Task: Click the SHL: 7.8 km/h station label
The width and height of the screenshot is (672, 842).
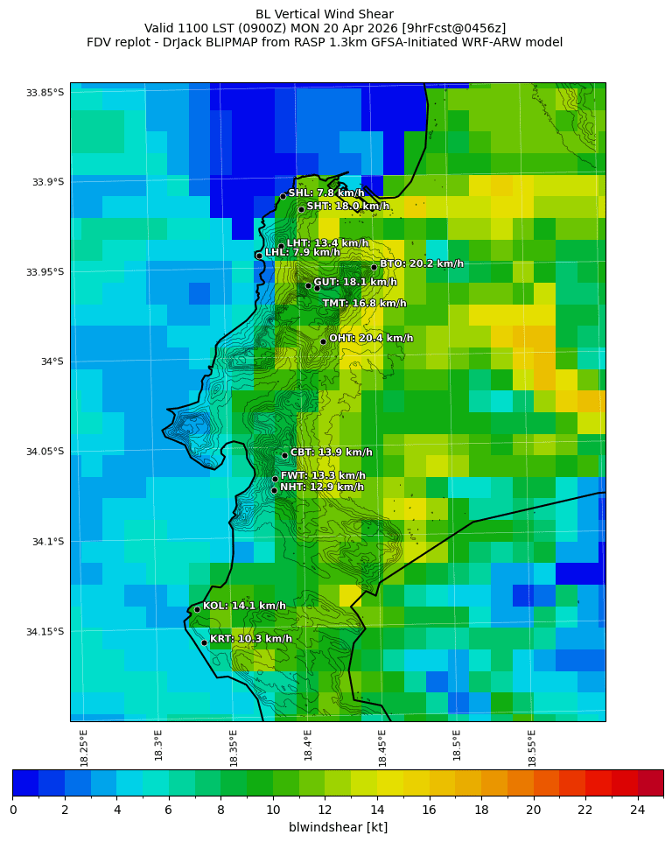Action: pos(326,193)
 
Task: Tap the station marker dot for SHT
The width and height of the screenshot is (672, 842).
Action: pos(301,209)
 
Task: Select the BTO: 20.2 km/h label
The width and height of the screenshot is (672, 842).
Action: pos(421,263)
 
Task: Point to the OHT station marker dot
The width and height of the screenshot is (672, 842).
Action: pos(323,341)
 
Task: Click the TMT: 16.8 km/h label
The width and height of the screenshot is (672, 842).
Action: pos(364,304)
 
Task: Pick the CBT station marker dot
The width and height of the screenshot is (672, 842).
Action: pos(284,455)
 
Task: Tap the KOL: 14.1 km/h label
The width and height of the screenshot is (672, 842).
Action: pos(244,606)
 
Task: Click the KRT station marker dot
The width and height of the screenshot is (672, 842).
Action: pos(204,642)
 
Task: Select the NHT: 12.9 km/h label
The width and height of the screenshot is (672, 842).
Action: pos(321,488)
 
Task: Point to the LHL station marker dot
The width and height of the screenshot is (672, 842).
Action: pos(259,256)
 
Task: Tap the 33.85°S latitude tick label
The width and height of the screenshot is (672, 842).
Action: pos(45,93)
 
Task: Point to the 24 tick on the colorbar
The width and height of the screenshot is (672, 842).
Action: pos(637,809)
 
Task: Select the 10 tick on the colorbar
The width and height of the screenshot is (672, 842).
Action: pos(273,809)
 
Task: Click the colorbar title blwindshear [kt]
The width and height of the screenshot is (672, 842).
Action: pos(338,827)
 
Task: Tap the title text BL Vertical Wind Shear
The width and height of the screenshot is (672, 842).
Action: pos(325,14)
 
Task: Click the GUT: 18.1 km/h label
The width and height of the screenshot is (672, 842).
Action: pos(355,283)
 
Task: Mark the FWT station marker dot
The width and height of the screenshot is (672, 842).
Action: pos(275,479)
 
